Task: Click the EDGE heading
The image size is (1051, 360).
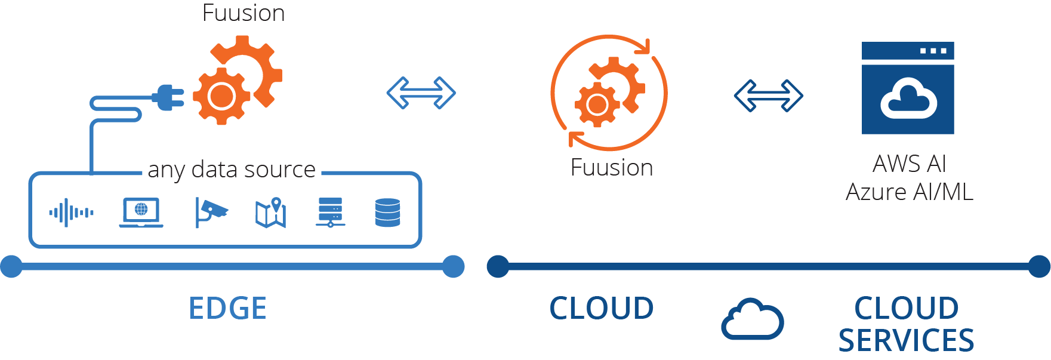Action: pos(227,308)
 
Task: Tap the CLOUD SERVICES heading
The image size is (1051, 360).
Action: pos(906,324)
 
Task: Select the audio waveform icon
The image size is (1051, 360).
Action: pos(71,213)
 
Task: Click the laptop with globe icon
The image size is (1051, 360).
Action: pos(141,213)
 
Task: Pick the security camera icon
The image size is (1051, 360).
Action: pos(211,213)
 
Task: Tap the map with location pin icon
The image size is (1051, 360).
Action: pos(271,213)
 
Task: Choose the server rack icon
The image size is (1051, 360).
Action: pos(330,213)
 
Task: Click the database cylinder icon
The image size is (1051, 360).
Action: pos(387,213)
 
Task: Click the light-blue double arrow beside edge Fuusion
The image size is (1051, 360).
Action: pos(421,93)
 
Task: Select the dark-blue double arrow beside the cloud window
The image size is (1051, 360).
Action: pos(768,96)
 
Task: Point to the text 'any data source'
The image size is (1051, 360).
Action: pos(232,170)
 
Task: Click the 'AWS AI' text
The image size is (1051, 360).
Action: pos(909,164)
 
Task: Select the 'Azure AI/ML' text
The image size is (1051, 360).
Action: pos(909,192)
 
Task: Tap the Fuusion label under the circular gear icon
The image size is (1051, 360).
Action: pos(611,168)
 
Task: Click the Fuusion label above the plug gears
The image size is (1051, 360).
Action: pos(244,13)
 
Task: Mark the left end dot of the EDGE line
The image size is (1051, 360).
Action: pos(11,266)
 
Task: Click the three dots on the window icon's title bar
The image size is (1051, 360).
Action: pos(933,51)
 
